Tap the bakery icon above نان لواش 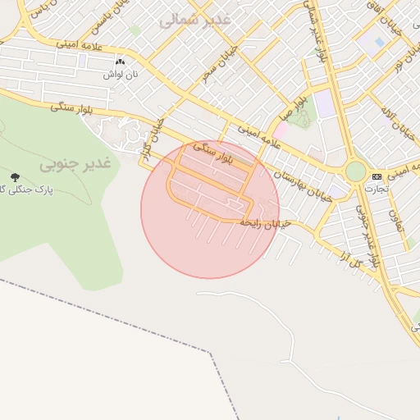coord(121,62)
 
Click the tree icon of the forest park coord(15,176)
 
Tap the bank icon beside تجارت coord(377,176)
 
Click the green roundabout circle coord(355,171)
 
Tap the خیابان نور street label coord(397,52)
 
